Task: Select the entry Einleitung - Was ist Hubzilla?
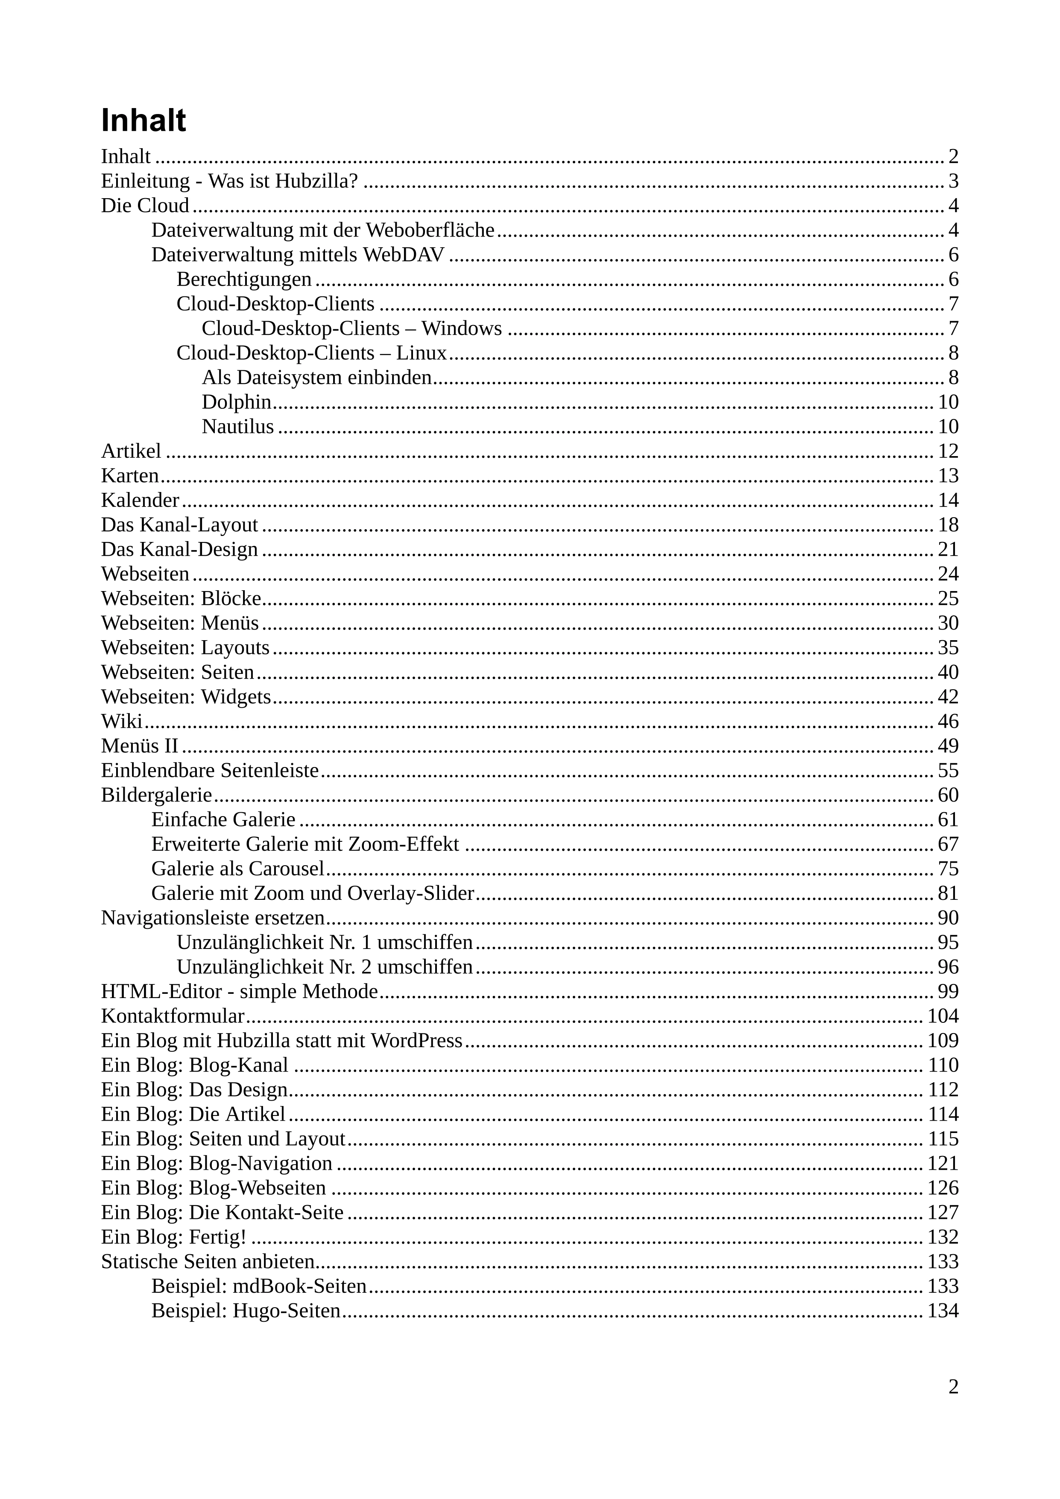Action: [x=230, y=181]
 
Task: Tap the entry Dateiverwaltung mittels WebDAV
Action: [x=298, y=255]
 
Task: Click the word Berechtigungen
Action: [x=244, y=279]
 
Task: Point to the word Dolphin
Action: [x=236, y=402]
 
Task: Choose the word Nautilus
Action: [x=237, y=427]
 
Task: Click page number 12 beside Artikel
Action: [x=948, y=451]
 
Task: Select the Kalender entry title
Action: [x=140, y=501]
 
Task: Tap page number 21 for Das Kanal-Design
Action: [x=948, y=550]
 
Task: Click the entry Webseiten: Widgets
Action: [x=186, y=697]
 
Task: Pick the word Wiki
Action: [x=121, y=721]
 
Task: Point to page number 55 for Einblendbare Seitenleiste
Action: [x=948, y=771]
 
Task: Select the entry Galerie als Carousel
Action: [x=237, y=869]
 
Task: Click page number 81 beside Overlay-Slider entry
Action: [x=948, y=894]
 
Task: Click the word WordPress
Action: [x=416, y=1041]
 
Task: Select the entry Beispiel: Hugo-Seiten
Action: [x=246, y=1311]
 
